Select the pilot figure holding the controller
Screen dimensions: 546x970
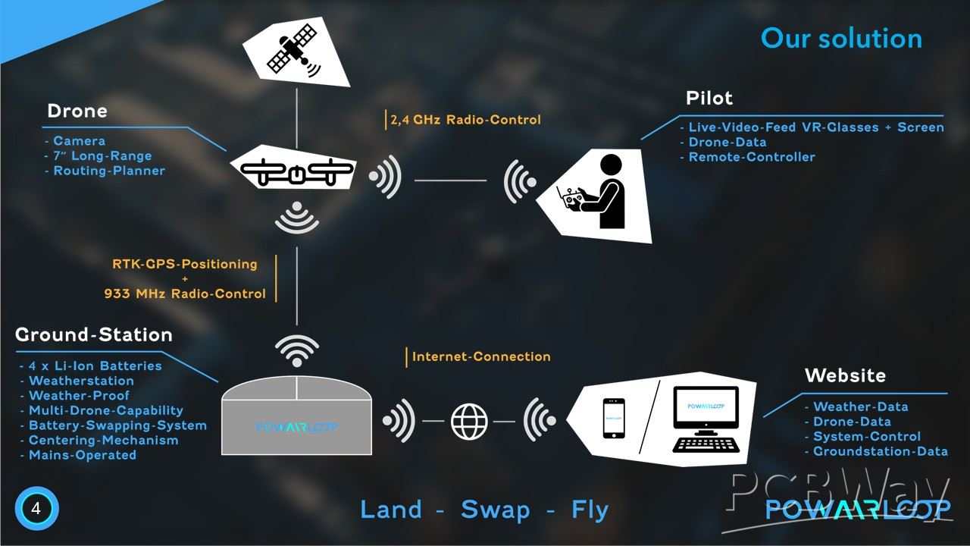tap(599, 193)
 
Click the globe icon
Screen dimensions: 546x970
tap(470, 421)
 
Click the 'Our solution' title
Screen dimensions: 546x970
tap(841, 38)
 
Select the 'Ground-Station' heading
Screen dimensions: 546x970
tap(94, 334)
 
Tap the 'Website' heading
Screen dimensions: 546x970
tap(845, 375)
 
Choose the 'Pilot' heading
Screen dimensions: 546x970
tap(709, 98)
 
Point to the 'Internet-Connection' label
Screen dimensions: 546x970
tap(481, 356)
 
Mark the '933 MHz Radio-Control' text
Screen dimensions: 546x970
tap(185, 293)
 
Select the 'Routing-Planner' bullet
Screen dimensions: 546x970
tap(108, 171)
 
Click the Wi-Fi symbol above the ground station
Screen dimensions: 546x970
tap(296, 350)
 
